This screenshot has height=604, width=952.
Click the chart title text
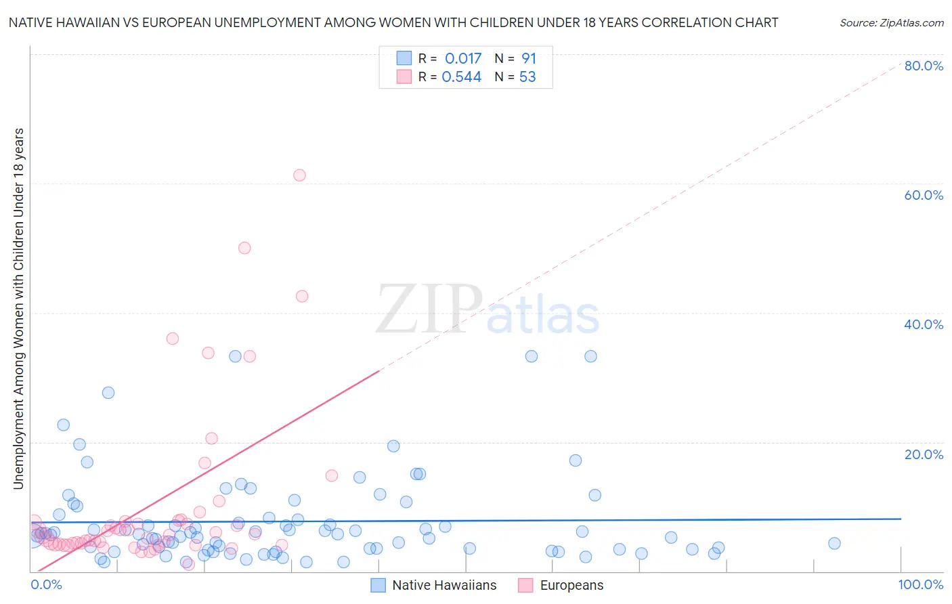[393, 22]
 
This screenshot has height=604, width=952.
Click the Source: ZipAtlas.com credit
[891, 22]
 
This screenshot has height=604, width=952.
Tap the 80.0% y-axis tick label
[924, 66]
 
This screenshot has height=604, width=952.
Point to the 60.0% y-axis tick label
[924, 195]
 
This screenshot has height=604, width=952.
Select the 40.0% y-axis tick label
[924, 324]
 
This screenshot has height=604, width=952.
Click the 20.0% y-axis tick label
[924, 454]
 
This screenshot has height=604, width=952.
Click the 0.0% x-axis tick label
[46, 584]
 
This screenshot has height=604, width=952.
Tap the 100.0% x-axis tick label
[920, 584]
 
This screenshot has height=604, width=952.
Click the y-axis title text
[18, 308]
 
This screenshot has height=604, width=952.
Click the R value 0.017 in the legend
[462, 58]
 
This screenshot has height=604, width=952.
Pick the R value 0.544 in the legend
[461, 77]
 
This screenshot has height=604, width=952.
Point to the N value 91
[528, 58]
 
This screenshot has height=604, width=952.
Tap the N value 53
[527, 77]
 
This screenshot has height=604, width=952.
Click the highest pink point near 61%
[299, 175]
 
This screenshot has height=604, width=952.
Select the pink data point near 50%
[244, 248]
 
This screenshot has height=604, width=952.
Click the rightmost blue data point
[834, 543]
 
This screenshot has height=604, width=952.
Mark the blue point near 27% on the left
[108, 393]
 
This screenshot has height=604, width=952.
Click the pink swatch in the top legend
[404, 77]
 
